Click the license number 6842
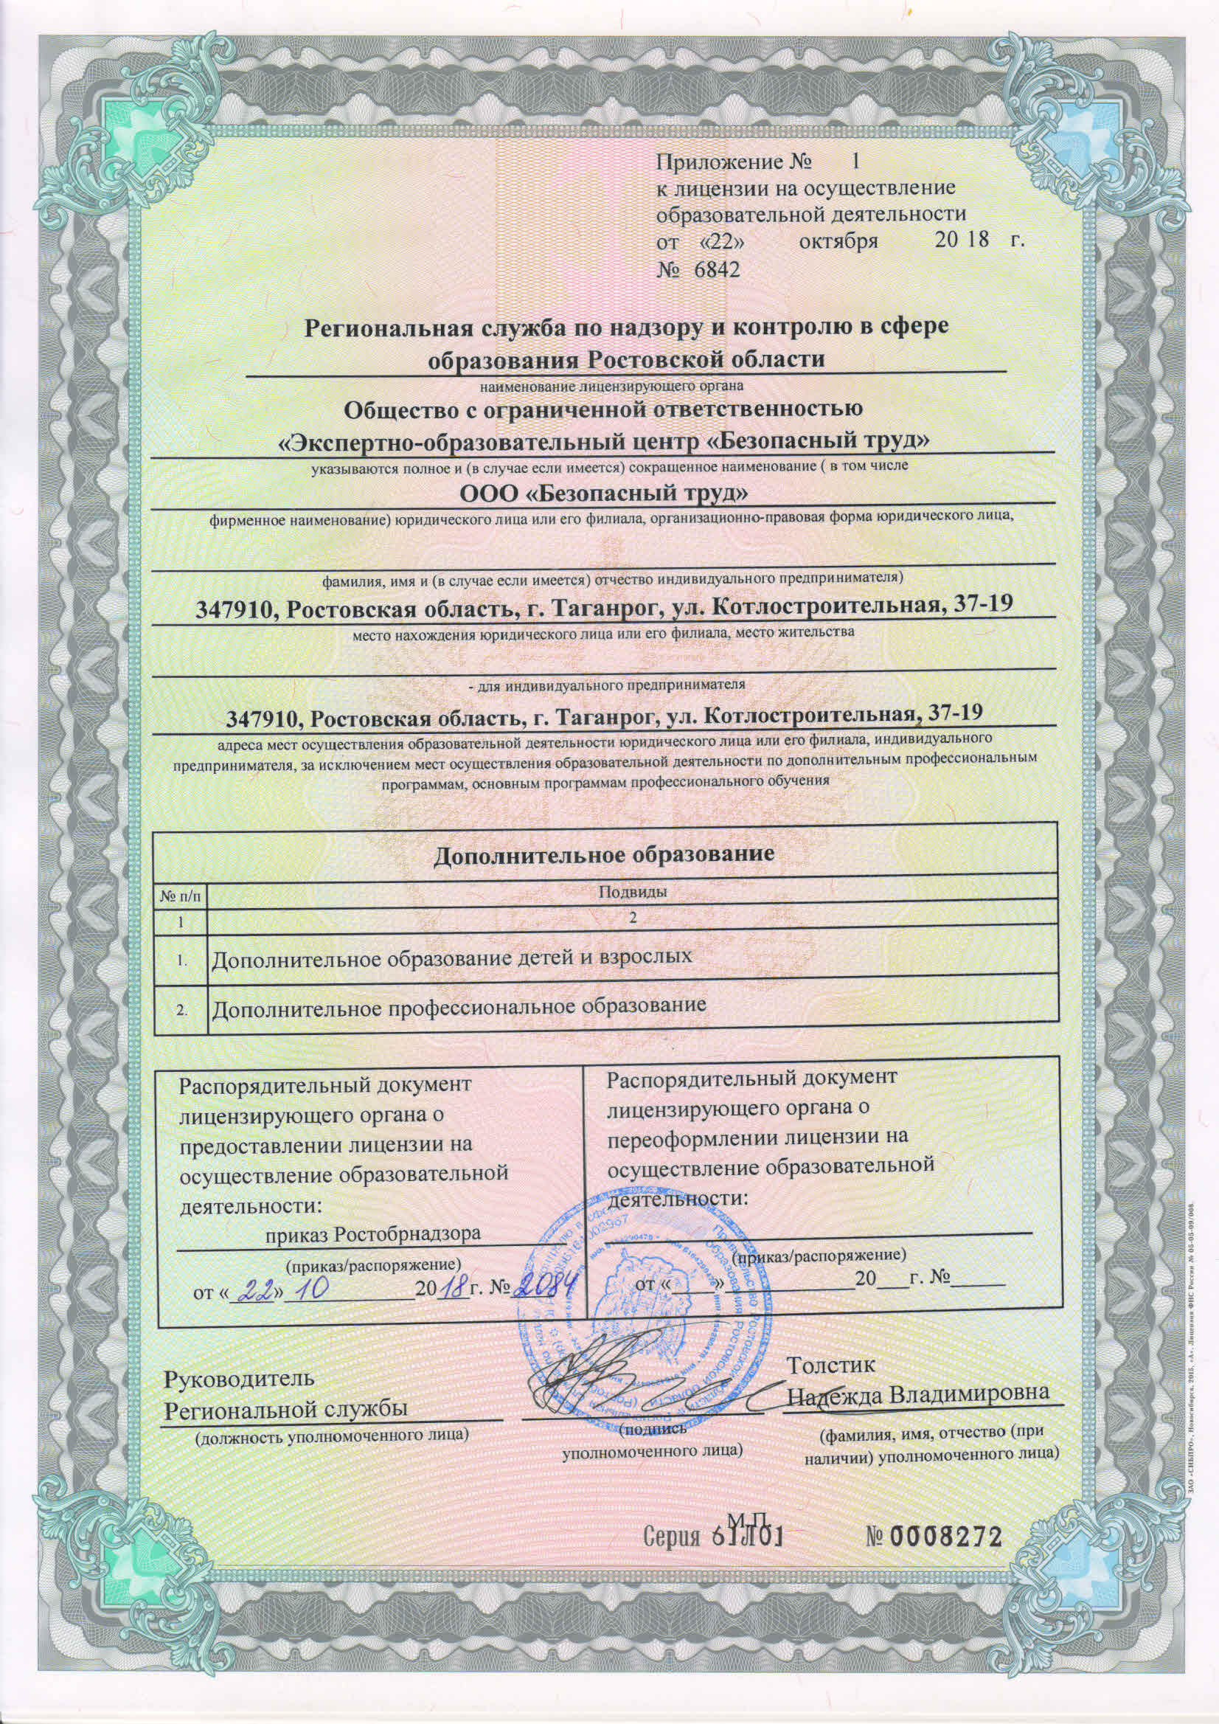(x=718, y=269)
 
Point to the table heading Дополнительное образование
(x=604, y=854)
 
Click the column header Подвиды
(x=633, y=891)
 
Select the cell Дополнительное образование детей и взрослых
(x=451, y=958)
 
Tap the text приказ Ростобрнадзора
(x=373, y=1233)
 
